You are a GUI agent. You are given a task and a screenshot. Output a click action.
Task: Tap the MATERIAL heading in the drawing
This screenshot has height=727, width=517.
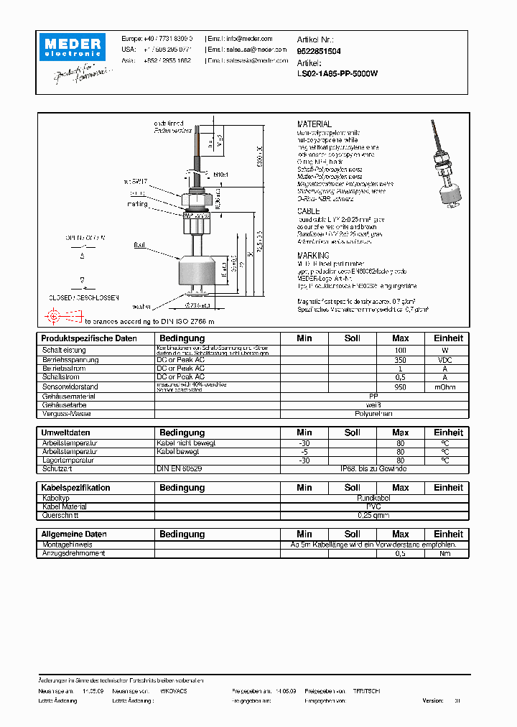pos(315,124)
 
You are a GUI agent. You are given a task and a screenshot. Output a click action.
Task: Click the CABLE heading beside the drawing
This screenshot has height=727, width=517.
pos(308,211)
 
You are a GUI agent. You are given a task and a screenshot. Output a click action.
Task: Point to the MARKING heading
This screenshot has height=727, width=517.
pos(313,256)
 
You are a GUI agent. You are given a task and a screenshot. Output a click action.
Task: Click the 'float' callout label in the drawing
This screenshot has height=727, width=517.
pos(139,245)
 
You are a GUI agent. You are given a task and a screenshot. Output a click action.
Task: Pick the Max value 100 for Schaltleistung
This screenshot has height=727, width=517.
pos(400,350)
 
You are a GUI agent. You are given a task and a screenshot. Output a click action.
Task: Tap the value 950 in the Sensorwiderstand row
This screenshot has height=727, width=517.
pos(400,387)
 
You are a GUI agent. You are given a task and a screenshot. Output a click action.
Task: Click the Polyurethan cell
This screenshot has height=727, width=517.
pos(373,414)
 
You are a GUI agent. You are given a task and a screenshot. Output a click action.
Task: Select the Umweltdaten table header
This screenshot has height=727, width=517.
pos(65,432)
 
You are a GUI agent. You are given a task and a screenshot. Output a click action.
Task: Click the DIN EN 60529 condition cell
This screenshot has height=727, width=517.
pos(179,468)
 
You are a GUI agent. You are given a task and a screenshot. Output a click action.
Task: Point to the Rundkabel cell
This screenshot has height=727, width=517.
pos(373,497)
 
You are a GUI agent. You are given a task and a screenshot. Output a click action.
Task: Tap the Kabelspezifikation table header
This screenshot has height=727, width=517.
pos(75,488)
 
